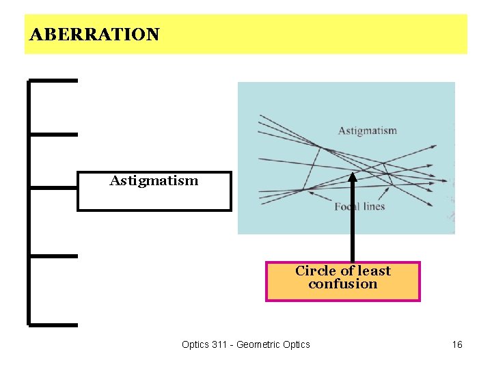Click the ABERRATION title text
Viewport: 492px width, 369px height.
(x=94, y=34)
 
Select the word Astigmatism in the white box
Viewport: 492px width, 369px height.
(x=154, y=181)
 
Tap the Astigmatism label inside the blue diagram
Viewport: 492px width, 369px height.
(x=367, y=131)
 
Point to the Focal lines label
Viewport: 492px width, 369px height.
(x=359, y=206)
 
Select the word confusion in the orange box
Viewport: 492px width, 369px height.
(x=342, y=284)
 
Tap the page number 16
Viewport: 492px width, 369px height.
(x=457, y=344)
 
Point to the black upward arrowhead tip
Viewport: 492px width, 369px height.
(x=353, y=174)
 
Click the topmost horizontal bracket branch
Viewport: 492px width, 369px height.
(x=53, y=81)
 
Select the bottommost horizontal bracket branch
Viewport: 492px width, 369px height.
(x=53, y=324)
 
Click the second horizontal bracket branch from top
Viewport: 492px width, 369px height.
(x=53, y=134)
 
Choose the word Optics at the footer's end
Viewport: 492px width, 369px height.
(x=296, y=344)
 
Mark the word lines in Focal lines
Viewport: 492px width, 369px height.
(x=372, y=206)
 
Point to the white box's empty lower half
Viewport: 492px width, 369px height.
(x=154, y=200)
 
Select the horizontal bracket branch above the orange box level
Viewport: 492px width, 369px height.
(x=53, y=256)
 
